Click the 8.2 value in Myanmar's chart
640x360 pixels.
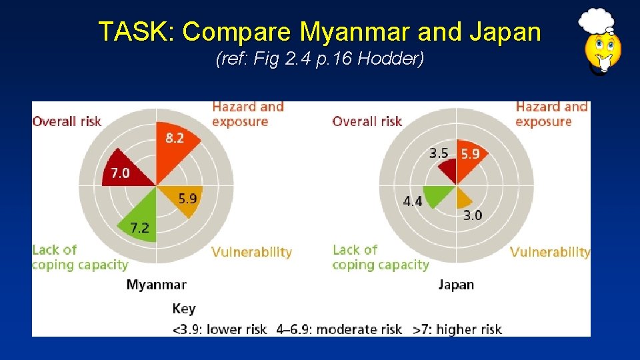pyautogui.click(x=175, y=138)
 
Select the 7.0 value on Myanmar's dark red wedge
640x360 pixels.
pyautogui.click(x=120, y=173)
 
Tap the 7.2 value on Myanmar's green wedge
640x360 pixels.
pyautogui.click(x=139, y=228)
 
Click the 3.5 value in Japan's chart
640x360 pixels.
pyautogui.click(x=439, y=153)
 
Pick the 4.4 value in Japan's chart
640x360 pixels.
pyautogui.click(x=413, y=201)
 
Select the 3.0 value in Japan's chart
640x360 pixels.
pyautogui.click(x=473, y=215)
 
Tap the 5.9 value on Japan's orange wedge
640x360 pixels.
pyautogui.click(x=471, y=153)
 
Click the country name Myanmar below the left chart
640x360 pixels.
pyautogui.click(x=156, y=285)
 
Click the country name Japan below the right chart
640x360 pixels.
pyautogui.click(x=456, y=285)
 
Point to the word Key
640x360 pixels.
pyautogui.click(x=183, y=309)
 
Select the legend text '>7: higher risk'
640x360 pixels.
pyautogui.click(x=457, y=329)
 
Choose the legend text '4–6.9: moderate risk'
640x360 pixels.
pyautogui.click(x=339, y=329)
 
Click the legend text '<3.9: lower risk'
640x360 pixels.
pyautogui.click(x=219, y=329)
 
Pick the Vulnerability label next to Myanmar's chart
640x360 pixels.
pyautogui.click(x=251, y=252)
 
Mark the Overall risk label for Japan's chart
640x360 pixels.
pyautogui.click(x=367, y=121)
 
